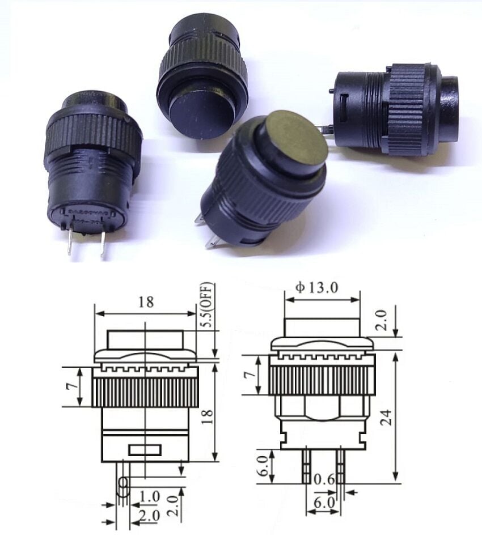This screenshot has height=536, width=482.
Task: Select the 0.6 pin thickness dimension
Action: pos(330,479)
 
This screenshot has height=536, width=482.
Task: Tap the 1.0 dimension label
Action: pos(150,497)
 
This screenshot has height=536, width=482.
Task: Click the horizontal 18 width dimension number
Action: pos(146,302)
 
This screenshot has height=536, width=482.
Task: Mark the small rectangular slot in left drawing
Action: pos(145,450)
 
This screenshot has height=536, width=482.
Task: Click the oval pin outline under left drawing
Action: pos(122,484)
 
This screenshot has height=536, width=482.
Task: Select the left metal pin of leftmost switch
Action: pos(69,240)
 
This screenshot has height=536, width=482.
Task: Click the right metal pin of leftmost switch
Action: pos(103,244)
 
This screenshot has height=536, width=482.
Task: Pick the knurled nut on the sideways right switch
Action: pos(406,109)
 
